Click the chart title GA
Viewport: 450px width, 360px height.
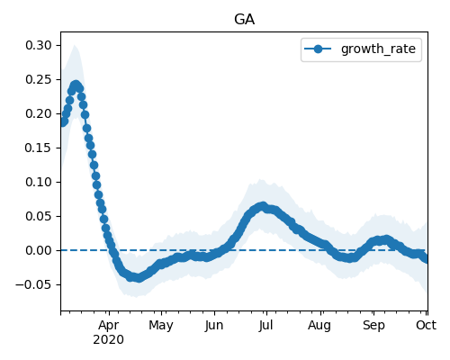coord(244,20)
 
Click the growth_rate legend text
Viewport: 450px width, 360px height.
coord(378,49)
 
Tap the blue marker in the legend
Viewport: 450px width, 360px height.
coord(318,49)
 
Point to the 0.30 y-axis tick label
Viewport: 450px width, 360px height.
coord(39,45)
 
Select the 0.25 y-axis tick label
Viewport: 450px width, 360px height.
coord(39,79)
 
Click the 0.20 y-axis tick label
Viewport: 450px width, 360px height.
coord(39,113)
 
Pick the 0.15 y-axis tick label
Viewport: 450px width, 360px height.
coord(39,148)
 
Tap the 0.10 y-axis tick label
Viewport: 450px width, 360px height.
coord(39,182)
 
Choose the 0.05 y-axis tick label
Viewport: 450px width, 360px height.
coord(39,216)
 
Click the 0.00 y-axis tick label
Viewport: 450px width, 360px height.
coord(39,250)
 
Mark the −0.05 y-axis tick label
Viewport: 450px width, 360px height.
coord(34,284)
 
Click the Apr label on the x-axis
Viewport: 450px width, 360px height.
coord(109,326)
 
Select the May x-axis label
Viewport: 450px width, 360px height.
coord(161,326)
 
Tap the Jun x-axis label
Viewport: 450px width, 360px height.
coord(214,326)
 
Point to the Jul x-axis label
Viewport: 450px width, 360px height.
coord(265,325)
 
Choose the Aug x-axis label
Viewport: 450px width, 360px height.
coord(319,326)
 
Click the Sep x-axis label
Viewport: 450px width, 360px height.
coord(373,326)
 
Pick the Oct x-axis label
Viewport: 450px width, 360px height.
coord(426,325)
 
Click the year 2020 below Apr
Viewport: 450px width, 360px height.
coord(108,340)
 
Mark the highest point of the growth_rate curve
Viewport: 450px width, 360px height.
coord(76,85)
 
